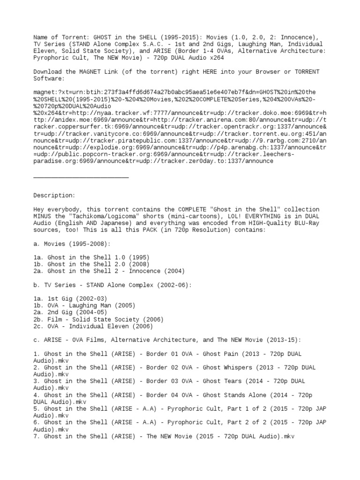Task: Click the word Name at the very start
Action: (40, 37)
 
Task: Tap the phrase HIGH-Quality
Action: (265, 223)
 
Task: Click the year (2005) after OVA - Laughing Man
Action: (124, 306)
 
